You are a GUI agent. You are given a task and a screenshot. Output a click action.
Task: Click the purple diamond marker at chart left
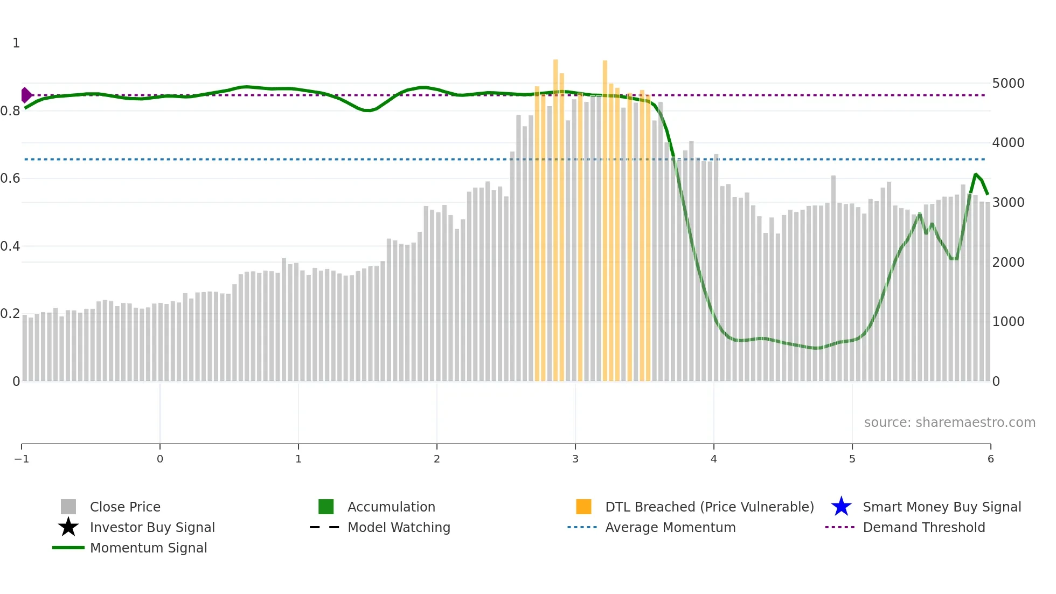[x=26, y=95]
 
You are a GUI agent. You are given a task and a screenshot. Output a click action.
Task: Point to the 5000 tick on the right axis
[x=1008, y=84]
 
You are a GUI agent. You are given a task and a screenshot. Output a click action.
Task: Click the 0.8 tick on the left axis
[x=11, y=111]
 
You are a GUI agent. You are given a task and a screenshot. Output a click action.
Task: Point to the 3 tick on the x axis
[x=575, y=459]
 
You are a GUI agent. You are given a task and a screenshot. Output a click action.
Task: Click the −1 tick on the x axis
[x=22, y=459]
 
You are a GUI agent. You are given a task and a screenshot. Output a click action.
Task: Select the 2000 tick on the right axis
[x=1008, y=263]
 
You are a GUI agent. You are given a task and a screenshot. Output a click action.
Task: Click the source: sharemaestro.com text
[x=949, y=422]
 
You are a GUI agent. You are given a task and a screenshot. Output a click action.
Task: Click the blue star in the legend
[x=841, y=507]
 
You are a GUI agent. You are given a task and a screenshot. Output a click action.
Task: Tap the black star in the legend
[x=68, y=527]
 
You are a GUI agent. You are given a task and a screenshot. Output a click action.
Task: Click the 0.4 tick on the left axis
[x=11, y=246]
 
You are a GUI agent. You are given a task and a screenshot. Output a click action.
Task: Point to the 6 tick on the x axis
[x=990, y=459]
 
